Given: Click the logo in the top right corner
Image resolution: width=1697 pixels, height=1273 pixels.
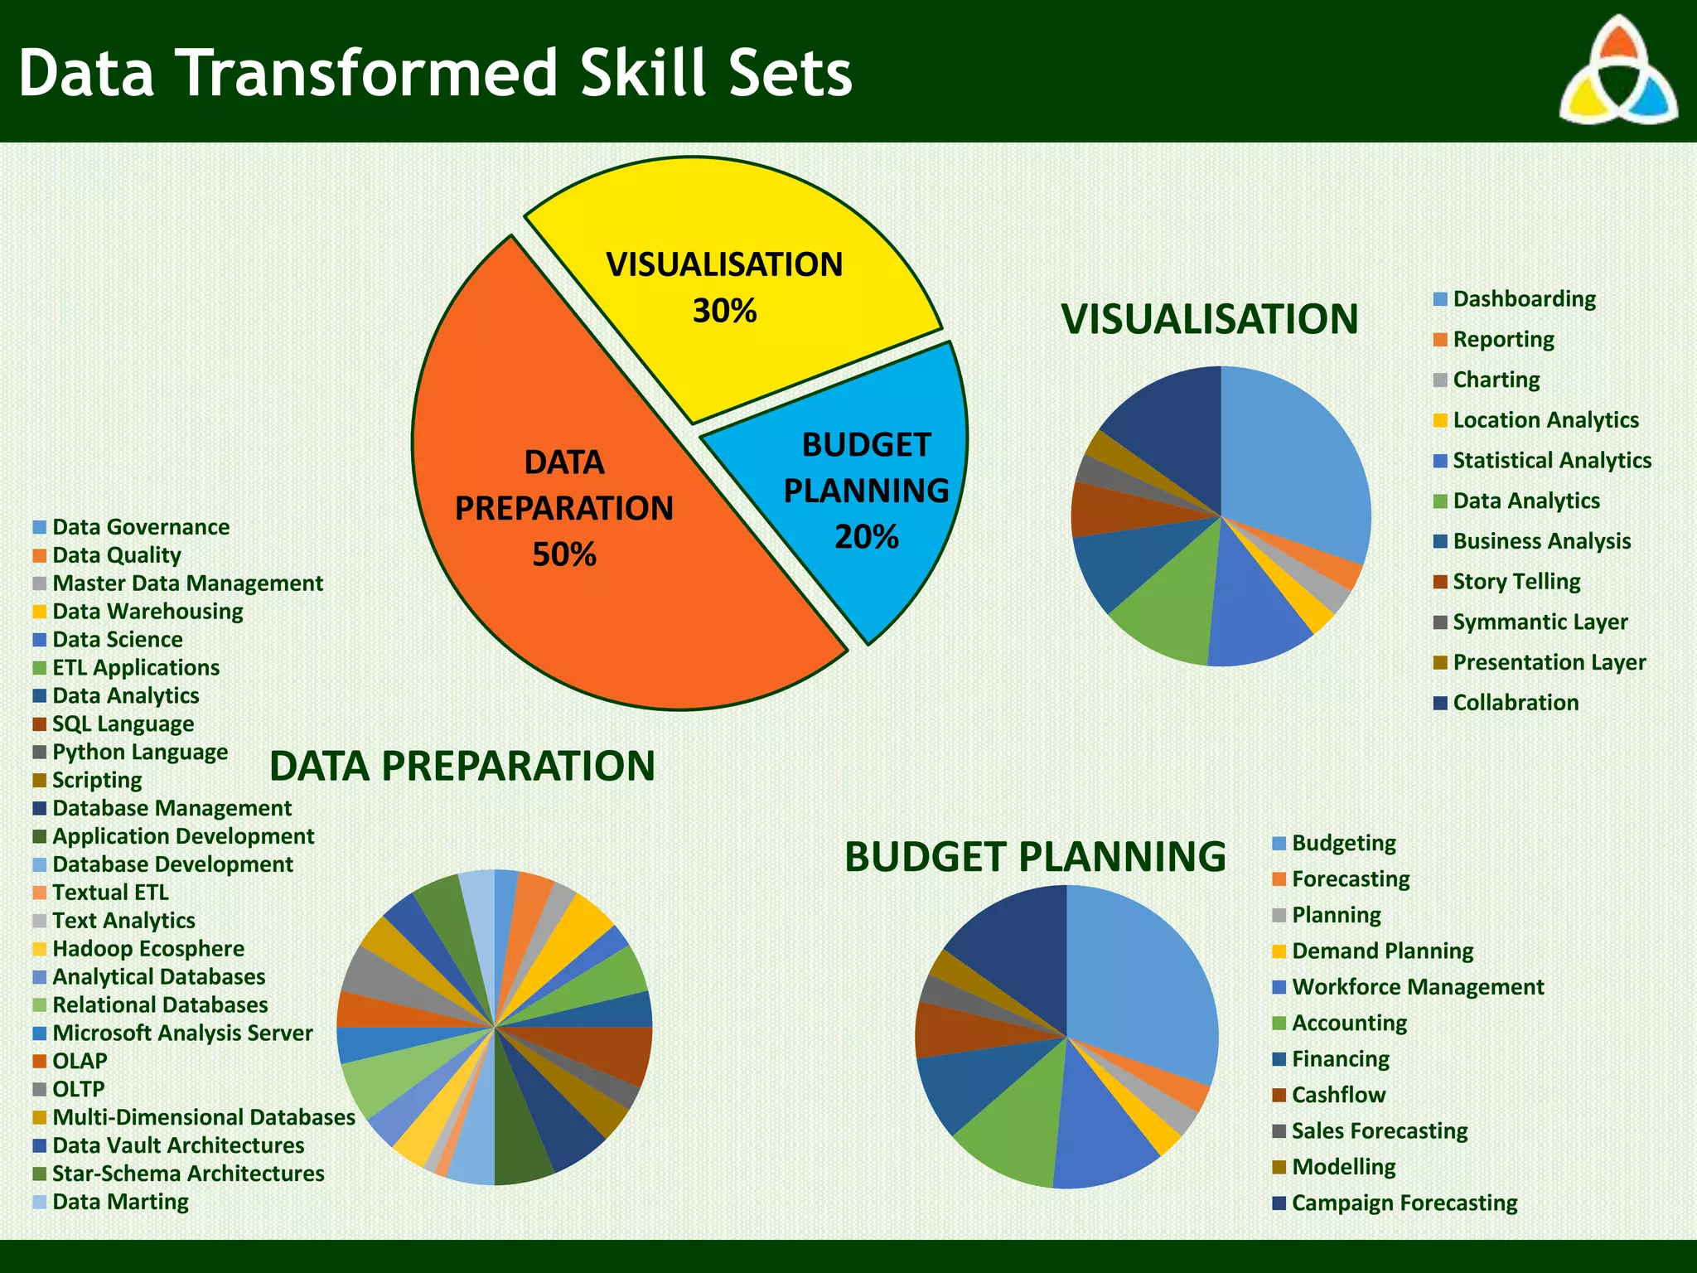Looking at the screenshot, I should pyautogui.click(x=1617, y=71).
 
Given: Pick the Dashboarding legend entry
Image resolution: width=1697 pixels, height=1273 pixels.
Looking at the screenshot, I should pyautogui.click(x=1523, y=299).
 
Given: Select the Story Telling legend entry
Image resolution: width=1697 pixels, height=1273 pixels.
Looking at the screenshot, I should pyautogui.click(x=1516, y=582).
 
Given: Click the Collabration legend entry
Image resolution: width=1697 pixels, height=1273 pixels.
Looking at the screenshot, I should pyautogui.click(x=1515, y=703).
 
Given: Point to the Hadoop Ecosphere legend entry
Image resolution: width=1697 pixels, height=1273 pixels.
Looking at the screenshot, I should pyautogui.click(x=147, y=949).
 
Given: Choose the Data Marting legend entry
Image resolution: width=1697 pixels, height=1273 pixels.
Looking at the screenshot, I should pyautogui.click(x=119, y=1202).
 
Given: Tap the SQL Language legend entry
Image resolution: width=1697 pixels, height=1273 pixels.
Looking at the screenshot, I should pyautogui.click(x=122, y=724).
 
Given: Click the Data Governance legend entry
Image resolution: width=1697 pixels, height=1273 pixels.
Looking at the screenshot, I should pyautogui.click(x=140, y=527).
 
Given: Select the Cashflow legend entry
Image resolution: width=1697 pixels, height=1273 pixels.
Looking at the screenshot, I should pyautogui.click(x=1337, y=1095).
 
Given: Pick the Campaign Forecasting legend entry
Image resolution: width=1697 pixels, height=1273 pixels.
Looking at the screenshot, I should pyautogui.click(x=1404, y=1203).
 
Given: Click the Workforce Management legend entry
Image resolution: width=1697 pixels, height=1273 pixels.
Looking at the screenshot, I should pyautogui.click(x=1417, y=987).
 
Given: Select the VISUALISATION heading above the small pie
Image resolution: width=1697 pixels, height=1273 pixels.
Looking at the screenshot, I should pyautogui.click(x=1209, y=319).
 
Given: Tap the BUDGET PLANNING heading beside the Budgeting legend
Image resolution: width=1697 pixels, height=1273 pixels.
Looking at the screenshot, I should pyautogui.click(x=1034, y=857).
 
